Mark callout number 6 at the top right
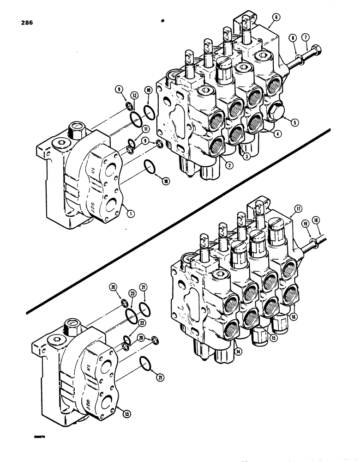pyautogui.click(x=276, y=17)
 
